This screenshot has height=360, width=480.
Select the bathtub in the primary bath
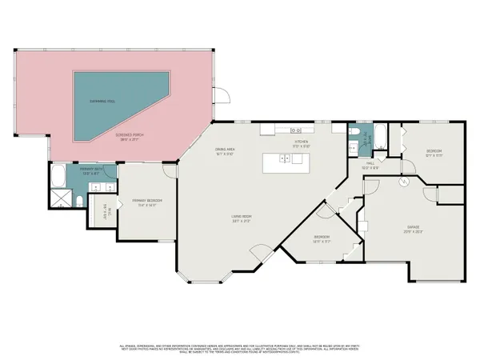[x=60, y=174]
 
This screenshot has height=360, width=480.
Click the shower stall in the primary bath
[x=60, y=196]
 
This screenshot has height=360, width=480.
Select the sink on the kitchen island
[x=284, y=160]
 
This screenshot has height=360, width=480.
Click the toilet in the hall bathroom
[x=353, y=131]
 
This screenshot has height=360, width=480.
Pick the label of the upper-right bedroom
[x=434, y=152]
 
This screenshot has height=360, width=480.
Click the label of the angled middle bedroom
[x=322, y=239]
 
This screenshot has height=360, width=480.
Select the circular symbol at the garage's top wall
[x=404, y=182]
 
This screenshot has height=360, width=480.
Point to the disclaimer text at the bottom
[x=240, y=348]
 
